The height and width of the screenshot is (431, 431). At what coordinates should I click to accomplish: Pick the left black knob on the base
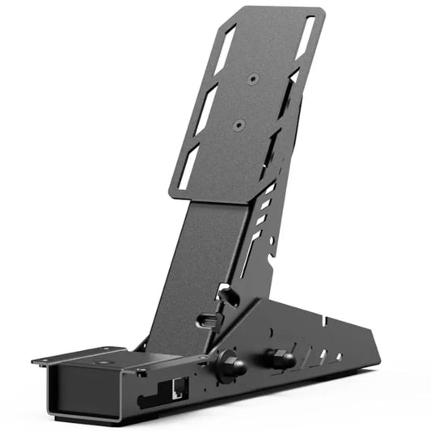click(x=232, y=365)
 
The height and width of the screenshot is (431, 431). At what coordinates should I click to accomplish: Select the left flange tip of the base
click(x=36, y=361)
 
